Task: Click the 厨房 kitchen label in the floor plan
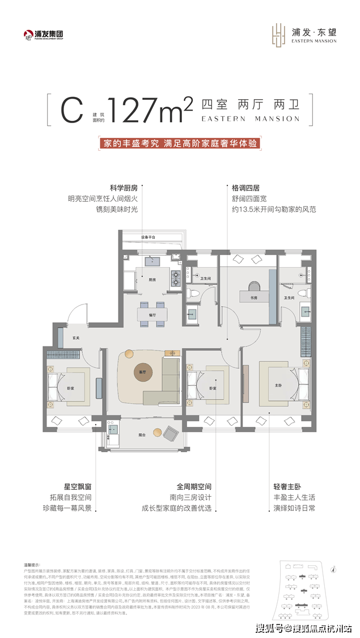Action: tap(153, 280)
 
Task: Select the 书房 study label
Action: tap(246, 296)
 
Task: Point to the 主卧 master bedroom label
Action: tap(278, 385)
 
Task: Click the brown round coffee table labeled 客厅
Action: tap(134, 371)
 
